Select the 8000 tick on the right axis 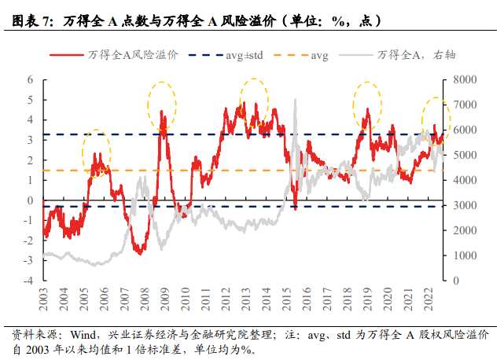(461, 80)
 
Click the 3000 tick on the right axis (461, 205)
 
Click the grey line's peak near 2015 (295, 100)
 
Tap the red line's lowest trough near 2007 (138, 252)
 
